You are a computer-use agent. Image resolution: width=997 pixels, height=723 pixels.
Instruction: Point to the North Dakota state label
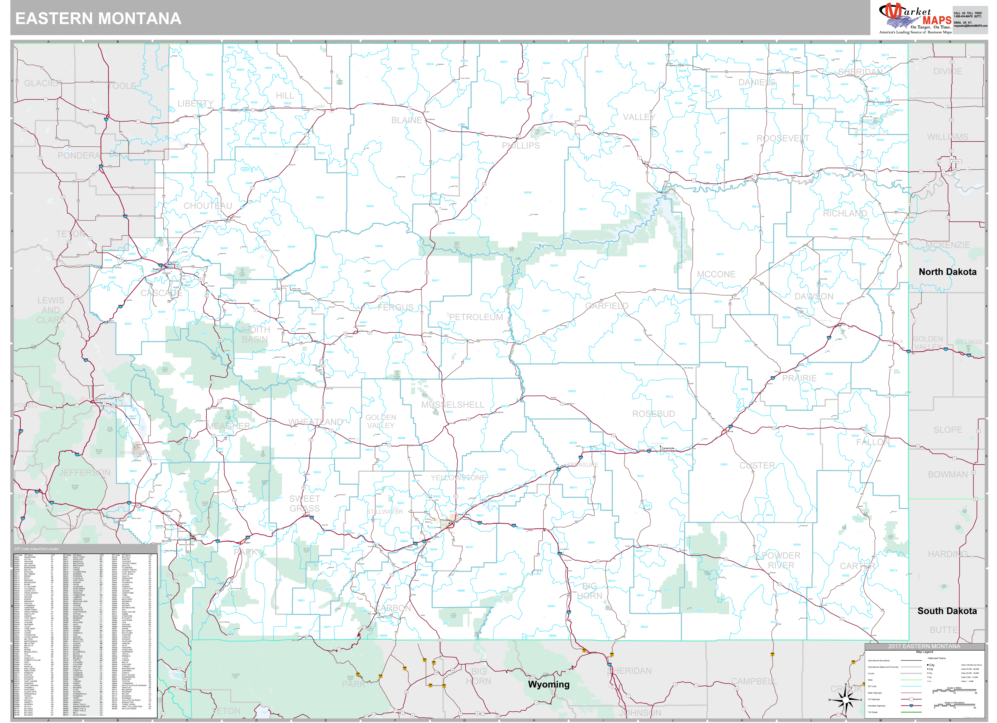click(947, 272)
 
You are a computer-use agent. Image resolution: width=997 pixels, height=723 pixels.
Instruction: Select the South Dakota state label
click(947, 611)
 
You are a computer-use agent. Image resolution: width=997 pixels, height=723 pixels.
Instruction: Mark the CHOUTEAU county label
click(208, 206)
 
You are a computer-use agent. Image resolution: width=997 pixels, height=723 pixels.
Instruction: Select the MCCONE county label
click(716, 274)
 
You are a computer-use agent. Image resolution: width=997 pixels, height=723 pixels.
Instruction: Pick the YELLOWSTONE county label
click(458, 478)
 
